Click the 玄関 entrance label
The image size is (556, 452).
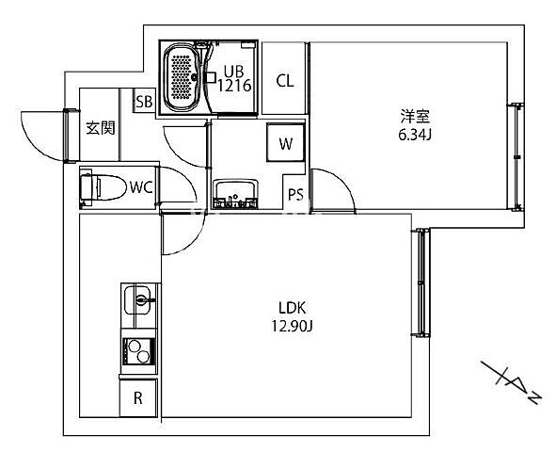101,128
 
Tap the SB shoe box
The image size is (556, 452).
144,102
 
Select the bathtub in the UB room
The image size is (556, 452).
182,77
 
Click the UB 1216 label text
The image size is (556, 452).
234,79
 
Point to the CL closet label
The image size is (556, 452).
285,81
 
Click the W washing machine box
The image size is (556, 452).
285,142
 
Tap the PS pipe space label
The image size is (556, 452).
295,194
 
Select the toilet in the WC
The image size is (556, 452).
103,187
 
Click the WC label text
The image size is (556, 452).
141,187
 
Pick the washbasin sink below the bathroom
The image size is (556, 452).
235,194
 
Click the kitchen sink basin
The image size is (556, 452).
137,300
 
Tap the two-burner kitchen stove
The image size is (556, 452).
138,351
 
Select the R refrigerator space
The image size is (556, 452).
138,397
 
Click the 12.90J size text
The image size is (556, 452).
292,326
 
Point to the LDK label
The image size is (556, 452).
292,308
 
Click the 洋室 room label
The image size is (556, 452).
415,117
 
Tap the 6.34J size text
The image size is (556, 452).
415,135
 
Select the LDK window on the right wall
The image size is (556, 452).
421,282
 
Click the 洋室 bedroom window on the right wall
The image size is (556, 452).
517,157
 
